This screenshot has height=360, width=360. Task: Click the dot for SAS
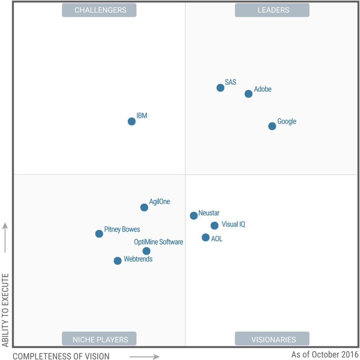[x=220, y=88]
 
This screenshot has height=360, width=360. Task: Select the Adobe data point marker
[x=249, y=94]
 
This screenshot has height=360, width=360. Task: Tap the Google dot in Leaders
[x=272, y=126]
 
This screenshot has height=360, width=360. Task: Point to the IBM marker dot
[x=131, y=121]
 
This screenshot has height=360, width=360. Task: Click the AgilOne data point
[x=144, y=207]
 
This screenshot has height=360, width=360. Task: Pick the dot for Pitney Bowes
[x=99, y=234]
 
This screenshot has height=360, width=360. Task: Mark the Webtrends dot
[x=118, y=261]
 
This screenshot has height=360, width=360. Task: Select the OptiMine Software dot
[x=147, y=251]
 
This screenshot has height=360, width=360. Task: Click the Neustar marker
[x=194, y=216]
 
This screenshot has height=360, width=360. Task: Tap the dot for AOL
[x=206, y=238]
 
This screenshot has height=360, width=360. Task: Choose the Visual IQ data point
[x=214, y=225]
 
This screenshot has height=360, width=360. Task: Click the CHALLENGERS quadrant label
[x=99, y=10]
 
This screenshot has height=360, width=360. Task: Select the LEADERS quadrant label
[x=272, y=10]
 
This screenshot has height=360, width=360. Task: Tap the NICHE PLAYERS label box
[x=99, y=339]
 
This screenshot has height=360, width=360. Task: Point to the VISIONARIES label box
[x=272, y=339]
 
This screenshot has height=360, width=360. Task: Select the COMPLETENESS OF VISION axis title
[x=61, y=356]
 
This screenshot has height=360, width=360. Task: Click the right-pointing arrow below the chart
[x=144, y=357]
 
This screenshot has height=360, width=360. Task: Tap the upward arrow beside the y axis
[x=5, y=237]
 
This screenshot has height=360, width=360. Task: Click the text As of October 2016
[x=325, y=354]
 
